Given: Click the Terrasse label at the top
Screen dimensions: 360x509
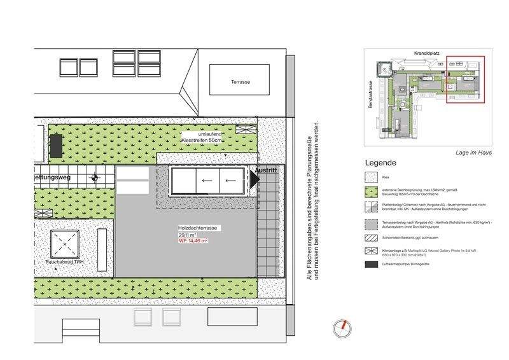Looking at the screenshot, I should click(x=241, y=82).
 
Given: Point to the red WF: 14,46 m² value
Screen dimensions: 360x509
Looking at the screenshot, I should click(x=193, y=242).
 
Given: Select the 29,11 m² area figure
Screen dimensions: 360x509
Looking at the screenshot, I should click(x=187, y=235).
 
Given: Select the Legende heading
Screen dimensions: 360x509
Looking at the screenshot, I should click(x=381, y=163).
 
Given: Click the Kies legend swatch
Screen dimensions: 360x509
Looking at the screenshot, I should click(x=370, y=177).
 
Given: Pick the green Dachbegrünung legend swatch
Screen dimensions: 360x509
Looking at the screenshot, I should click(x=370, y=191).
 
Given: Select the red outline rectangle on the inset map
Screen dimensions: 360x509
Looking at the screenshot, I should click(x=465, y=78).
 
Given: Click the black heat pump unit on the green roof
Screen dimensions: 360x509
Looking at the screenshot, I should click(x=55, y=146).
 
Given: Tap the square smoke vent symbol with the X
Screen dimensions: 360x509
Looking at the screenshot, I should click(x=64, y=242).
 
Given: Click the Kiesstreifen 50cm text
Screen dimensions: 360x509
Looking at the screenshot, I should click(x=202, y=139).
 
